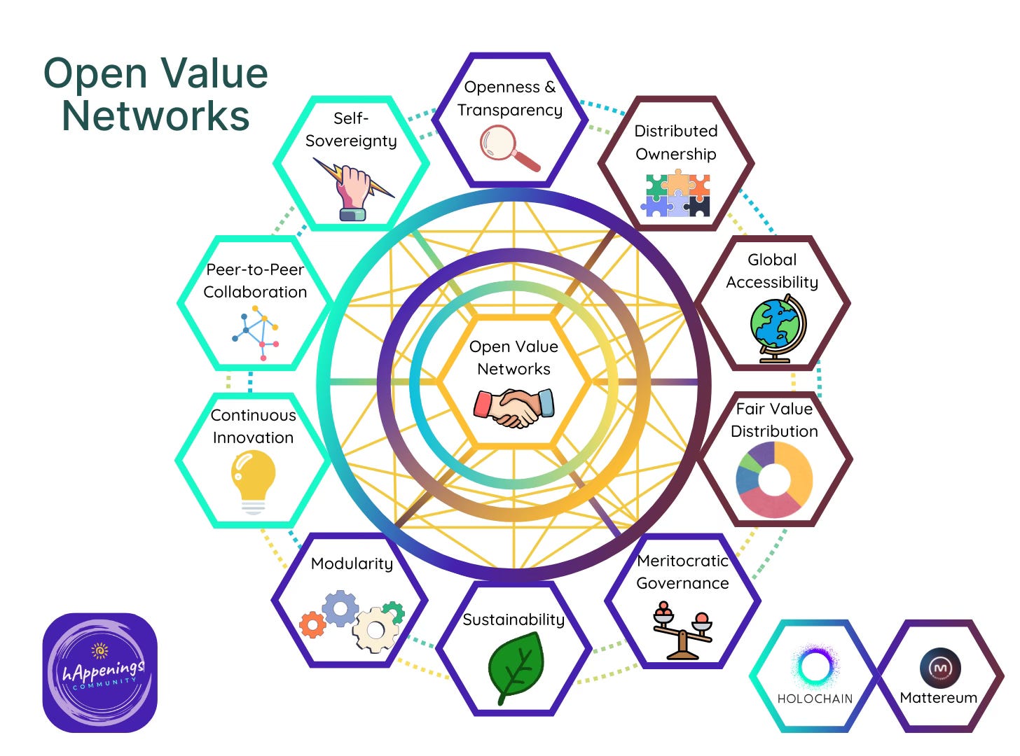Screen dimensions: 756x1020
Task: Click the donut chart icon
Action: coord(774,479)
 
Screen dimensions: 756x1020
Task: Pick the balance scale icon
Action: coord(682,629)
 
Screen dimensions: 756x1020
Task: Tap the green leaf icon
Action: coord(516,666)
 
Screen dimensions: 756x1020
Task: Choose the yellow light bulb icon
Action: coord(253,480)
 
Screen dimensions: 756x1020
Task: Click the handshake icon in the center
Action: coord(514,408)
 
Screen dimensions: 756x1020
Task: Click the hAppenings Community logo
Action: coord(100,673)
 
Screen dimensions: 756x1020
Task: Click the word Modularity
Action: coord(352,563)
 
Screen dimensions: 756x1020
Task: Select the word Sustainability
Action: coord(514,619)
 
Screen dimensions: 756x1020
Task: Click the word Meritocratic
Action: coord(682,561)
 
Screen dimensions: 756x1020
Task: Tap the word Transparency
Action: coord(510,110)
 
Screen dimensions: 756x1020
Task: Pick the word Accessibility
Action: coord(772,282)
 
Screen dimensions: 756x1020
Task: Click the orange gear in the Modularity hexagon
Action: coord(312,624)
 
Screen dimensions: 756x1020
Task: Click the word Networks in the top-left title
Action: coord(156,116)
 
